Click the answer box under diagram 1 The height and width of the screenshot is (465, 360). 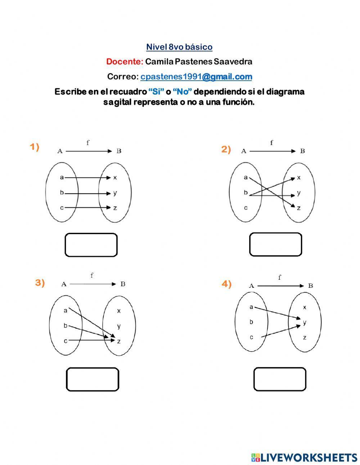coord(91,245)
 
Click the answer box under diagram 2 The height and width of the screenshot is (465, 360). coord(275,244)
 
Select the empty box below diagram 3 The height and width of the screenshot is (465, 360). coord(93,379)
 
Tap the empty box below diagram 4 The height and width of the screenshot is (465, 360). coord(280,379)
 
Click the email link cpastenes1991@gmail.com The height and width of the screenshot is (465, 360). coord(196,77)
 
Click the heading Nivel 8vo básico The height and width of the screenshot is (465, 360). coord(179,47)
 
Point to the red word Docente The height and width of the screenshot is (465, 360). coord(125,62)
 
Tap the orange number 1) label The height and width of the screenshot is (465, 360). coord(35,147)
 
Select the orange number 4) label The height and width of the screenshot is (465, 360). coord(226,284)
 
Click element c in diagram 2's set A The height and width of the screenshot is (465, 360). coord(246,208)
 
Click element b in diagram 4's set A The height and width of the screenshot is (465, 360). coord(251,322)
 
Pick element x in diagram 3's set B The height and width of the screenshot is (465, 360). coord(119,311)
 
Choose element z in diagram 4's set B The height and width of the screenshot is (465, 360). coord(305,337)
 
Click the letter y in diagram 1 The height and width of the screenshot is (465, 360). coord(115,193)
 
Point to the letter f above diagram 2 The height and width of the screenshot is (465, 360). coord(271,143)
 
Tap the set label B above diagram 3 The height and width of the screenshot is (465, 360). coord(123,284)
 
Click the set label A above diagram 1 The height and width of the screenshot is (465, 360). coord(60,151)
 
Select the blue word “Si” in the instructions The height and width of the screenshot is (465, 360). coord(156,92)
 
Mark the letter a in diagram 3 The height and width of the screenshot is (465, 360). coord(65,310)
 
